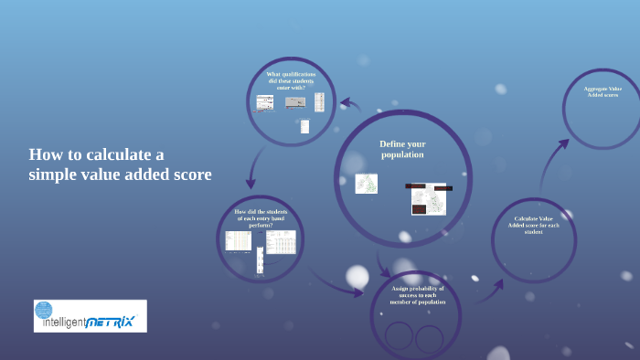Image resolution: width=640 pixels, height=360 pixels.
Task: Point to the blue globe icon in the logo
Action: (x=44, y=309)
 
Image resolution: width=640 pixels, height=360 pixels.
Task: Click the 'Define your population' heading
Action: (x=402, y=149)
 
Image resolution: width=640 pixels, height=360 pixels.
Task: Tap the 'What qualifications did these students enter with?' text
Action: (x=290, y=80)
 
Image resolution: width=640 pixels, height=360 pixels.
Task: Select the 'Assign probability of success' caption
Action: (x=417, y=295)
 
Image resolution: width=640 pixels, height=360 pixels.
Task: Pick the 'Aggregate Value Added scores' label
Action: (x=602, y=91)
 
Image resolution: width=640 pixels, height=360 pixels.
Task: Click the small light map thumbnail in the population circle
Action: (x=366, y=184)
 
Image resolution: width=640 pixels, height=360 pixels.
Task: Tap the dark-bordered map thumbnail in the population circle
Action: (x=428, y=197)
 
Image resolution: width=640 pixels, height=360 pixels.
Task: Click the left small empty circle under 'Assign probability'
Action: (x=399, y=338)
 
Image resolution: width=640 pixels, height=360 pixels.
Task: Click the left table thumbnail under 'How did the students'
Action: (x=239, y=240)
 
